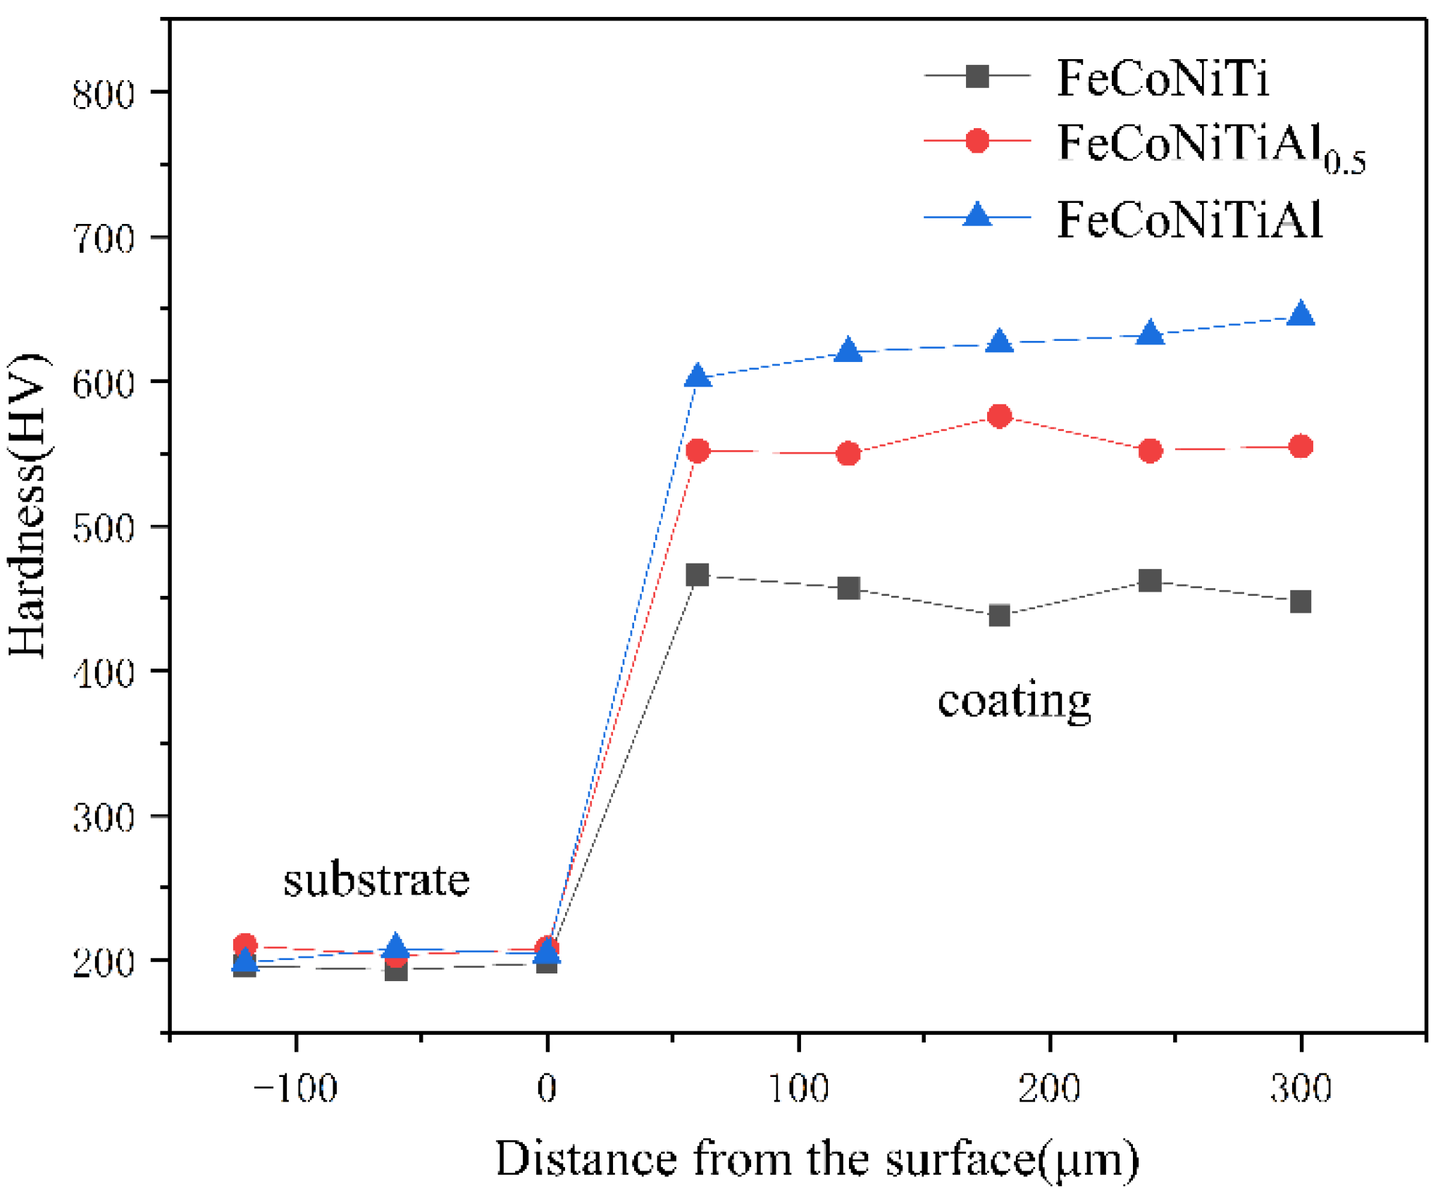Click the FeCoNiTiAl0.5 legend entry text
(x=1210, y=147)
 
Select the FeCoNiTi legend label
(x=1163, y=78)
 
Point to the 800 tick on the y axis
(x=104, y=94)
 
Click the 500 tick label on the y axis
(x=104, y=528)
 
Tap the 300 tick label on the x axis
(x=1301, y=1089)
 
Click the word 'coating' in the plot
(x=1014, y=702)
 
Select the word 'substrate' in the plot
(x=376, y=880)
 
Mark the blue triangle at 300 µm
(x=1301, y=315)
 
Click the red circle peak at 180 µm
(x=999, y=416)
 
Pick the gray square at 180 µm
(x=999, y=616)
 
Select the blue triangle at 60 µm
(x=698, y=377)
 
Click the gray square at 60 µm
(x=698, y=575)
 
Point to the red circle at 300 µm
(x=1301, y=447)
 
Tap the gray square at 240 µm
(x=1150, y=581)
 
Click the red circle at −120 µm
(x=244, y=945)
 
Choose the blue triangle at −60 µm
(x=396, y=946)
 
